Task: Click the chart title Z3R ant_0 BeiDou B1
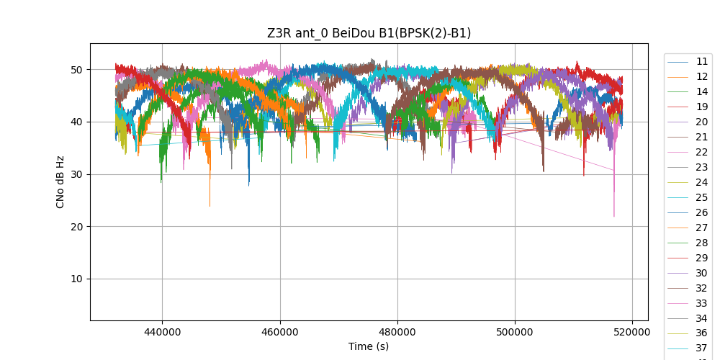[369, 33]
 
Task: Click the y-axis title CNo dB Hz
[60, 181]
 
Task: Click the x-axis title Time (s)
[369, 346]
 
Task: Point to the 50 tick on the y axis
[76, 70]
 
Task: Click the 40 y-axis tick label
[76, 122]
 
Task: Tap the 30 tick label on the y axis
[76, 174]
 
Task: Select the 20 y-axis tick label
[76, 227]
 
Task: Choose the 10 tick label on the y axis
[76, 279]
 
